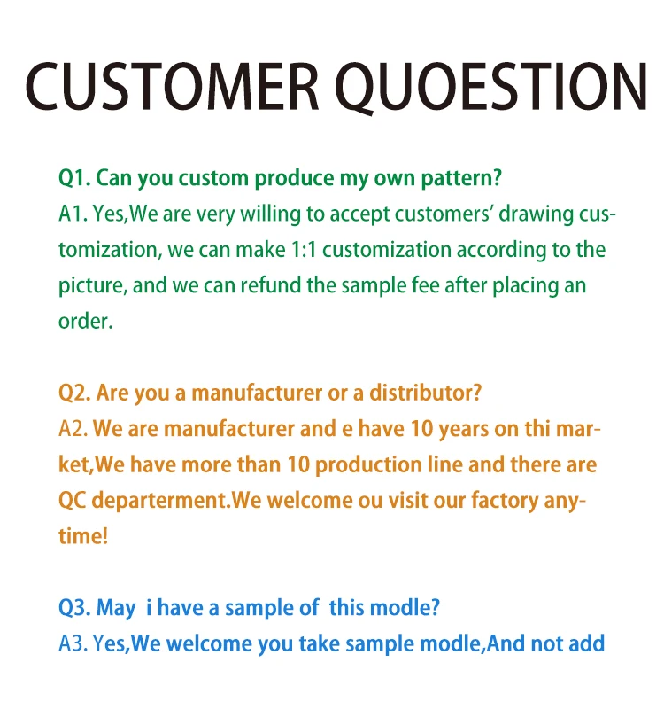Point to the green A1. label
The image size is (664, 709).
[x=73, y=214]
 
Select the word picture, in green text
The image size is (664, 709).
[x=91, y=286]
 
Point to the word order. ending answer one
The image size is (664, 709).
[x=86, y=321]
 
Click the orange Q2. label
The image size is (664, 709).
[x=73, y=393]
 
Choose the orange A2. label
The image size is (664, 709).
[x=73, y=429]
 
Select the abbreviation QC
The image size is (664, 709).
[x=73, y=501]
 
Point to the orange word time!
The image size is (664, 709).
[x=83, y=536]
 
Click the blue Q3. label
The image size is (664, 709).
[x=73, y=608]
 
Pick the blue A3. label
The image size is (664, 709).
[x=73, y=644]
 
